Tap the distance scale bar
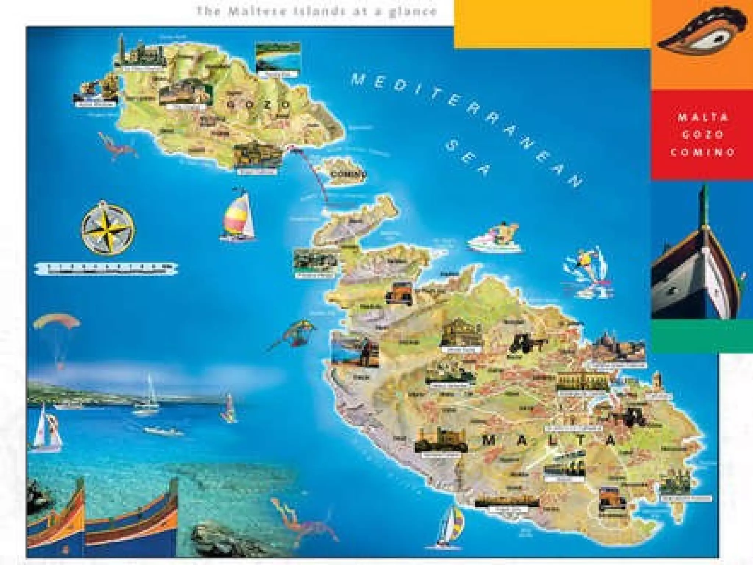point(107,269)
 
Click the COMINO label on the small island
point(347,174)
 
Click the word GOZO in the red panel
point(703,134)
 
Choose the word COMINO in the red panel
point(703,152)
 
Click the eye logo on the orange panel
point(702,33)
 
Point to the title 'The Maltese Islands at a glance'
point(316,11)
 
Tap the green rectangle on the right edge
point(702,336)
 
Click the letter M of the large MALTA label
point(489,440)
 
